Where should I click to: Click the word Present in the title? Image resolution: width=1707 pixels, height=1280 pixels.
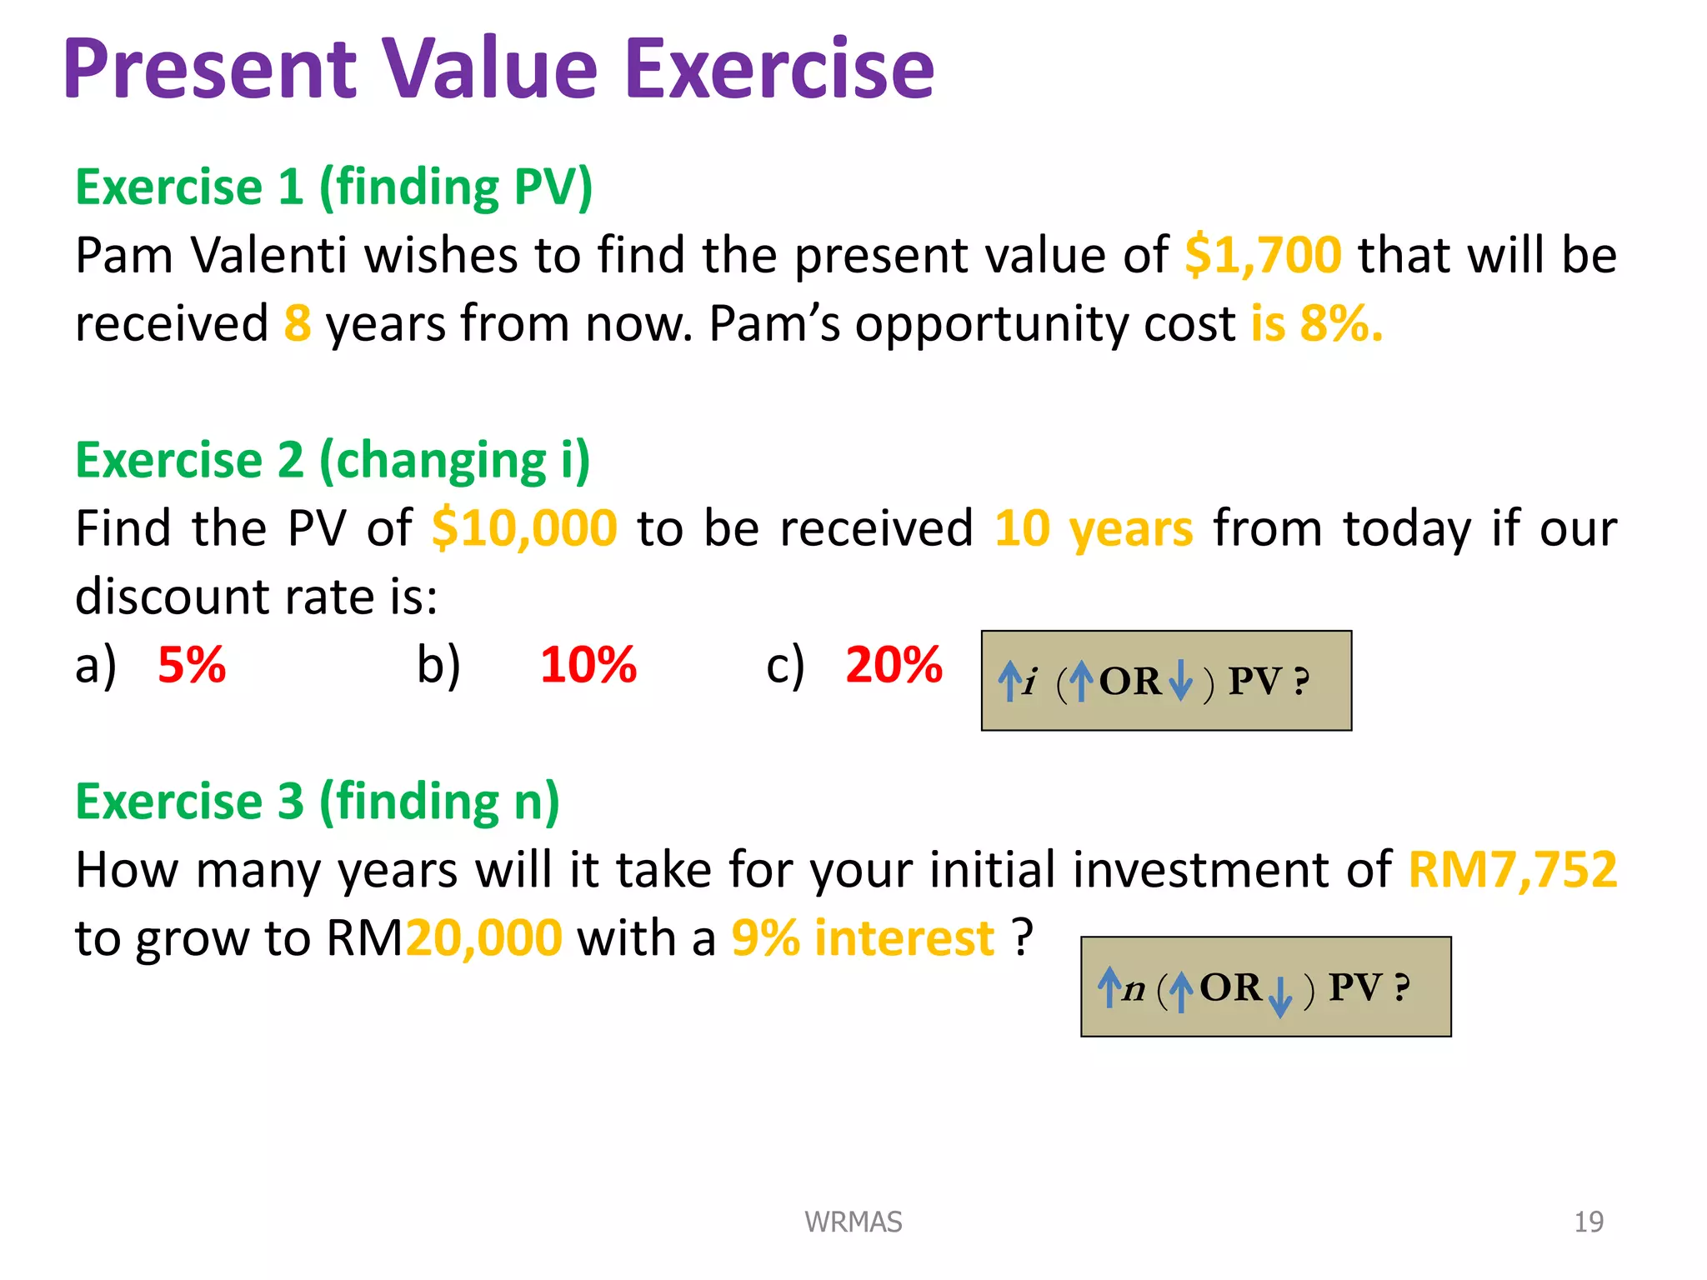pos(210,70)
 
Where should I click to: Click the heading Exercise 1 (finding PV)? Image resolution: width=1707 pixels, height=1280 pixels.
pos(333,187)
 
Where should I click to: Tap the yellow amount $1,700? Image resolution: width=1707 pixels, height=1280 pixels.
pos(1263,255)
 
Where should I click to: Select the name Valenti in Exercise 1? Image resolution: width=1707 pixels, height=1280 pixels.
pos(268,255)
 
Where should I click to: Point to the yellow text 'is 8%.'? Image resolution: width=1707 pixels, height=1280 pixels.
pos(1316,323)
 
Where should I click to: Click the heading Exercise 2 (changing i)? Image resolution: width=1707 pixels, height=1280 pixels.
pos(333,460)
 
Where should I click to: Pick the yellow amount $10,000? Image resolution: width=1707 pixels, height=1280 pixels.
pos(524,528)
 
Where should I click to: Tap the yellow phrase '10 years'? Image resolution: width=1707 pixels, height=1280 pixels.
pos(1094,528)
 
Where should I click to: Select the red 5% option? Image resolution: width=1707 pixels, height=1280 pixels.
pos(192,665)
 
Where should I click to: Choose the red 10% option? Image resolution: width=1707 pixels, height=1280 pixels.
pos(588,665)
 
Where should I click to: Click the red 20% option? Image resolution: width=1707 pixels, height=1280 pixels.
pos(894,665)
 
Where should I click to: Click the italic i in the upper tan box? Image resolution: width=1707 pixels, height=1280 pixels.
pos(1031,682)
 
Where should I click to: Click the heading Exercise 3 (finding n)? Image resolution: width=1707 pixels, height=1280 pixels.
pos(318,802)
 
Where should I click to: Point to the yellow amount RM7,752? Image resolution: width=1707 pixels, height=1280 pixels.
pos(1512,870)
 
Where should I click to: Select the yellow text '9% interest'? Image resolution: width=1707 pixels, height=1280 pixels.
pos(863,938)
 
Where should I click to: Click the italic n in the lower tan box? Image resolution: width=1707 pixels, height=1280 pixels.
pos(1134,989)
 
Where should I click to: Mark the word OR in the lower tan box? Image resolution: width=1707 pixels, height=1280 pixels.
pos(1230,987)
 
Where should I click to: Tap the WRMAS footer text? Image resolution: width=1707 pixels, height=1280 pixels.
pos(853,1222)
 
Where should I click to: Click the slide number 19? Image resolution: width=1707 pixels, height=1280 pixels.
pos(1588,1222)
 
